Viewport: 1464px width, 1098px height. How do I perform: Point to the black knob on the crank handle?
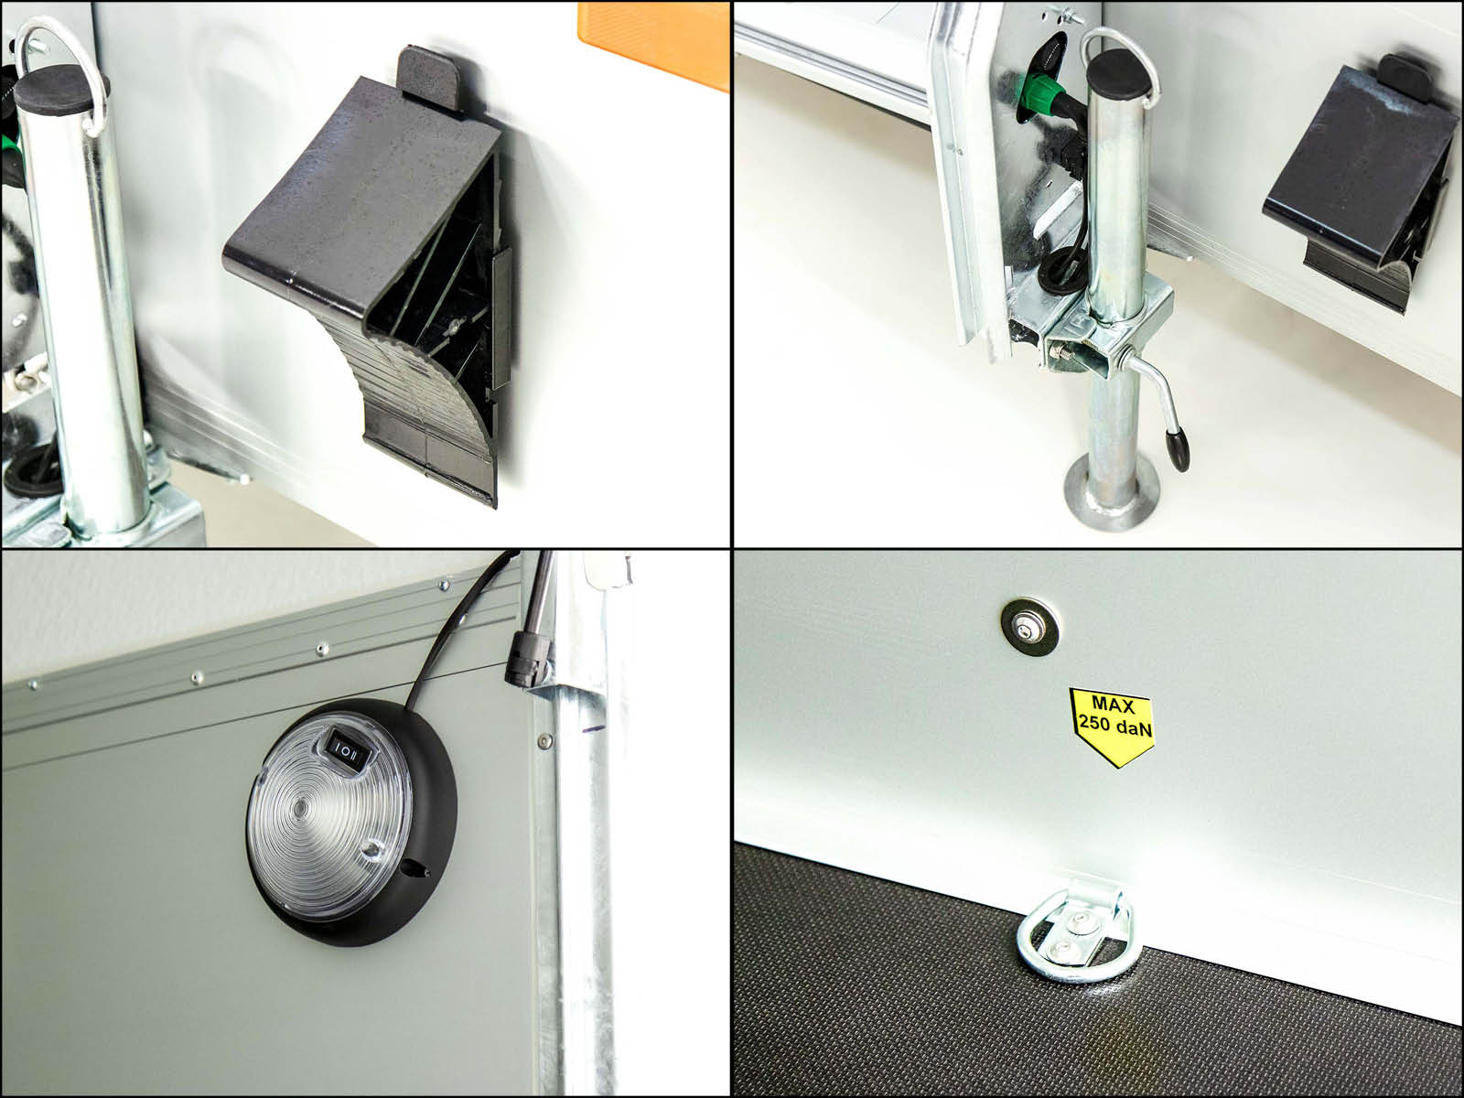(1178, 450)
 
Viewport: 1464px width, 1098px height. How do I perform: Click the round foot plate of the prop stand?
(1111, 495)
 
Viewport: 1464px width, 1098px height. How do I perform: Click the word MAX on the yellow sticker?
(1112, 704)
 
